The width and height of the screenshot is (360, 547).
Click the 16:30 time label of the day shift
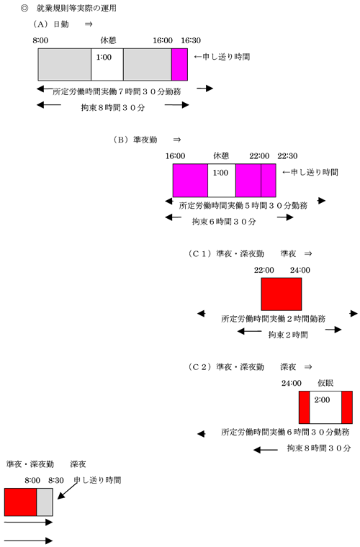click(191, 40)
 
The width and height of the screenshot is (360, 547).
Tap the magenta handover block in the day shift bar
click(180, 65)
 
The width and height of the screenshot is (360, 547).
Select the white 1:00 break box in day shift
click(107, 65)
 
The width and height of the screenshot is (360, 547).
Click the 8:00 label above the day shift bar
click(40, 40)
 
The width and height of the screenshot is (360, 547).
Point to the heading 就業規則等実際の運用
click(76, 8)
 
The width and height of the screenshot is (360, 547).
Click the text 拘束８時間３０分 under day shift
click(113, 107)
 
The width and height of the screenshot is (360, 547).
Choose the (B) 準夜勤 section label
click(135, 140)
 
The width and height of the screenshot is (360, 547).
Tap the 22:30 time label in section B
click(287, 156)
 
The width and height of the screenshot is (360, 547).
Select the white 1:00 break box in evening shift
click(222, 181)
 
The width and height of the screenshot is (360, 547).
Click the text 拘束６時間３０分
click(224, 221)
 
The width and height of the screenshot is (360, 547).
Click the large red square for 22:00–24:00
click(282, 294)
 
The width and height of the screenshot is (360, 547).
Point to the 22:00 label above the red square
click(264, 270)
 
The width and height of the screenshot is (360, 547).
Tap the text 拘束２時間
click(288, 335)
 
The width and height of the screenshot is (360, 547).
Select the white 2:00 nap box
click(325, 407)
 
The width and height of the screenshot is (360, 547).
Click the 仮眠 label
click(325, 383)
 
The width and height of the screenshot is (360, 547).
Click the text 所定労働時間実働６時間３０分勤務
click(285, 432)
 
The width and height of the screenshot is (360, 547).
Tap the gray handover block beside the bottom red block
click(45, 502)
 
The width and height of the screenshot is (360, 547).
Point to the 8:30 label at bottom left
click(56, 480)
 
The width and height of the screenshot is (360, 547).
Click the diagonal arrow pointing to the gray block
click(68, 491)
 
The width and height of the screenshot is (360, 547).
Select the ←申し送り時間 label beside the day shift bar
click(222, 57)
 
